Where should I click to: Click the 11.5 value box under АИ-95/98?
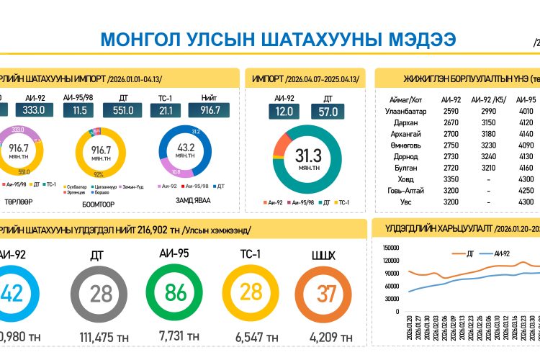point(80,110)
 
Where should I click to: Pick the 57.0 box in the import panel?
point(327,112)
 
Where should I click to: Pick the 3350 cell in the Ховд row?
point(451,179)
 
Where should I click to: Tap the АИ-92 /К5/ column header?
point(490,99)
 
